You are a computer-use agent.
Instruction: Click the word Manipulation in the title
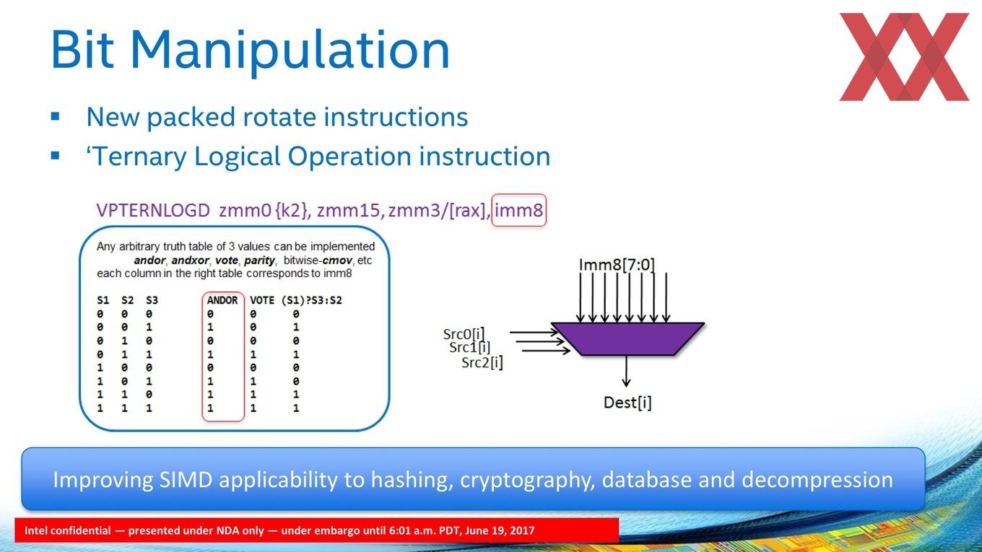tap(290, 51)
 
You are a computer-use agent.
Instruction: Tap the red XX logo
tap(904, 57)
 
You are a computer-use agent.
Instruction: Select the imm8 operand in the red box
tap(519, 210)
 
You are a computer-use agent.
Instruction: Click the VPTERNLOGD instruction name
tap(153, 210)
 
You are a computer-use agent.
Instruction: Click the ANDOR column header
tap(222, 300)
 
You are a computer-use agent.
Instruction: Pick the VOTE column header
tap(262, 300)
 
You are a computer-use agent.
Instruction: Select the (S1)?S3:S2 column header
tap(312, 300)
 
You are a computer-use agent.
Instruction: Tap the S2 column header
tap(128, 300)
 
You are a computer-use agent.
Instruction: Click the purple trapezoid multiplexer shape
tap(627, 338)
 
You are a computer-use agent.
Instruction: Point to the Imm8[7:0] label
tap(617, 265)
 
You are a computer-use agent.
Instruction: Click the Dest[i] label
tap(627, 402)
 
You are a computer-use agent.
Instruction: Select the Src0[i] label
tap(464, 334)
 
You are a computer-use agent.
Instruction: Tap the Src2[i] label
tap(482, 363)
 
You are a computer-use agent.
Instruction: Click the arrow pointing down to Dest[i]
tap(627, 371)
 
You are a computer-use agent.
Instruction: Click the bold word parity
tap(259, 260)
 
